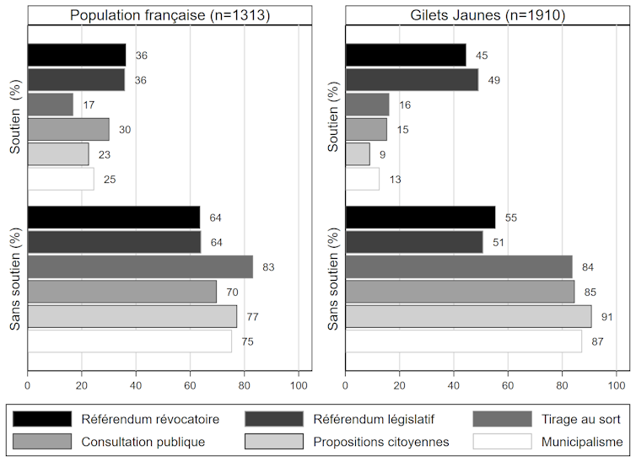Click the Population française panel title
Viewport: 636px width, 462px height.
click(x=170, y=15)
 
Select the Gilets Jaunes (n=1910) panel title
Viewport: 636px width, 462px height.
click(x=488, y=15)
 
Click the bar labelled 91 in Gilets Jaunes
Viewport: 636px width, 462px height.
click(x=468, y=317)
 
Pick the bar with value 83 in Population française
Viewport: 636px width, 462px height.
click(x=140, y=267)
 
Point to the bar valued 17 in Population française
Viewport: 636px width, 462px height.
click(x=51, y=105)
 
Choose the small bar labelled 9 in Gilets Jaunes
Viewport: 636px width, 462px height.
click(x=358, y=154)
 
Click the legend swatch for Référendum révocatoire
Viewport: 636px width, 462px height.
click(x=42, y=418)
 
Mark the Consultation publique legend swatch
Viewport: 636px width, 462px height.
click(x=42, y=441)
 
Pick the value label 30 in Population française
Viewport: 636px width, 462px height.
click(x=124, y=130)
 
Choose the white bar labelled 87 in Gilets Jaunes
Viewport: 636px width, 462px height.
click(x=463, y=341)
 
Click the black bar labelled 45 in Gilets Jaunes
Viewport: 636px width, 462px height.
click(x=406, y=55)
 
